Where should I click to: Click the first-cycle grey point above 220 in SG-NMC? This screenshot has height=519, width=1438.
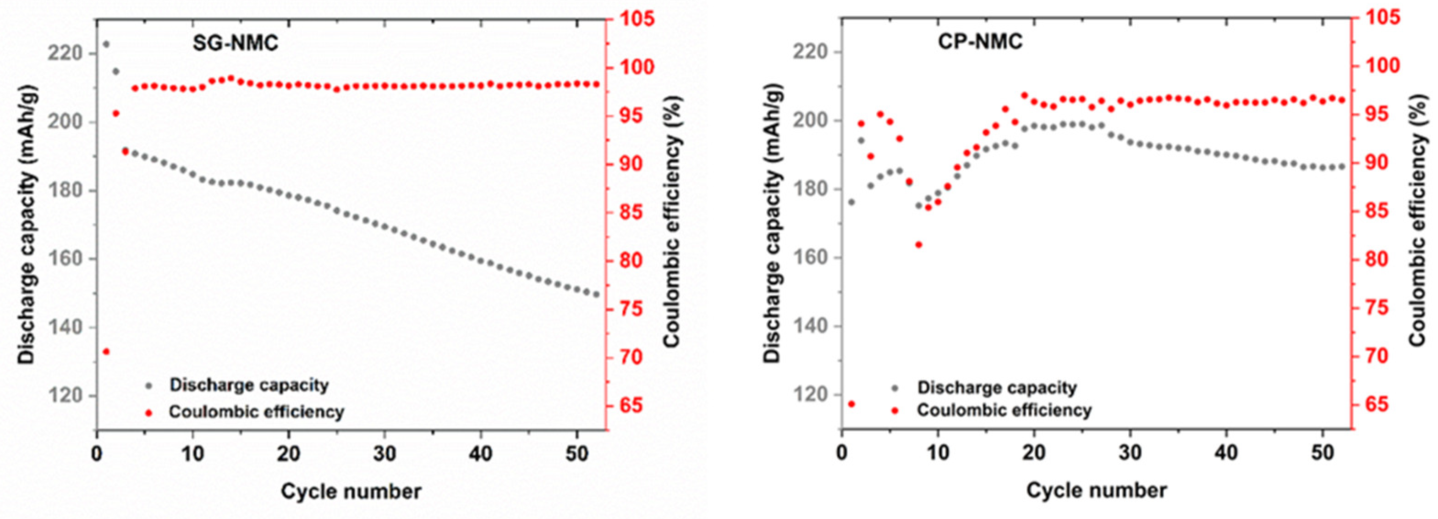[x=106, y=44]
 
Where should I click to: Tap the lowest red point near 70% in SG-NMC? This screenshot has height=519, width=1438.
[x=106, y=351]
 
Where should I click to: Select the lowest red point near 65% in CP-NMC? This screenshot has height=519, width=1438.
[x=851, y=404]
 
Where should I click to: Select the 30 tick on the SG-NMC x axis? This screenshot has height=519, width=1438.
[x=384, y=453]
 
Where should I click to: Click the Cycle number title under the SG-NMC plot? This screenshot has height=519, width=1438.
[x=351, y=491]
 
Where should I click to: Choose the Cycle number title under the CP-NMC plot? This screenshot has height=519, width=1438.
[x=1096, y=491]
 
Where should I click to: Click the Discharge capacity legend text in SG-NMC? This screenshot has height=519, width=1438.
[x=249, y=386]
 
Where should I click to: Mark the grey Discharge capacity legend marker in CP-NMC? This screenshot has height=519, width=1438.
[x=895, y=388]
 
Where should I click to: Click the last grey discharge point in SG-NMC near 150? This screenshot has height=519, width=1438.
[x=596, y=295]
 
